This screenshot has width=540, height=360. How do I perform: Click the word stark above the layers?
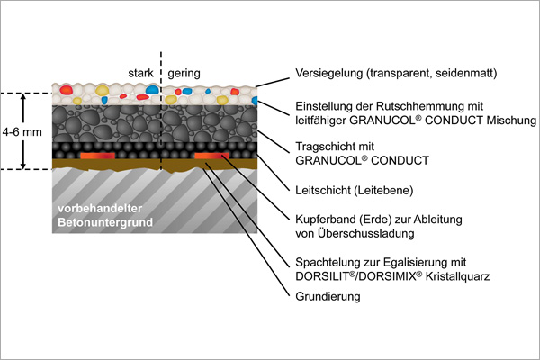[x=140, y=73]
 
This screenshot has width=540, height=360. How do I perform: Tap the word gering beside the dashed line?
[x=184, y=74]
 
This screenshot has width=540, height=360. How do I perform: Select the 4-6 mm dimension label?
[x=22, y=132]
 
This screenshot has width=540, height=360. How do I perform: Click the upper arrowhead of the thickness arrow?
[x=23, y=97]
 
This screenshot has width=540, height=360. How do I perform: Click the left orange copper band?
[x=97, y=156]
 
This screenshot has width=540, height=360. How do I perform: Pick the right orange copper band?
[x=211, y=156]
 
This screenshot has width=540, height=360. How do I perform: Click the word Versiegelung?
[x=328, y=74]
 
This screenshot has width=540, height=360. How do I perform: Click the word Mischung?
[x=511, y=121]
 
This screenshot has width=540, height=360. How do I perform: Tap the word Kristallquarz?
[x=457, y=276]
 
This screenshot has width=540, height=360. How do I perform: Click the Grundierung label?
[x=328, y=297]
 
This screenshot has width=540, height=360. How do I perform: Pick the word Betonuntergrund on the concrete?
[x=105, y=222]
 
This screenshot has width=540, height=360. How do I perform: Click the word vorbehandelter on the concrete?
[x=100, y=208]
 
